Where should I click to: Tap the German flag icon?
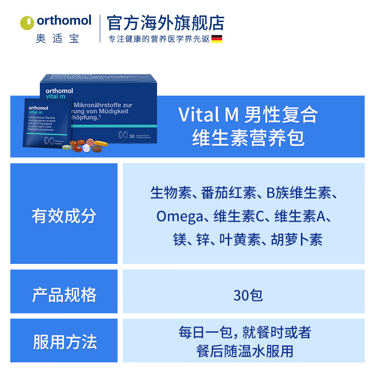[x=217, y=39]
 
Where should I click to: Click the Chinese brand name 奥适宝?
[x=58, y=39]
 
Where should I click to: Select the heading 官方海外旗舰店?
[x=165, y=22]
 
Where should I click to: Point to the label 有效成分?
[x=64, y=216]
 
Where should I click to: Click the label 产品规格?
[x=64, y=295]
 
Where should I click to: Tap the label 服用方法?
[x=64, y=342]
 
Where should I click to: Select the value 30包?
[x=248, y=295]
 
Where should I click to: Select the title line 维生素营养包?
[x=248, y=139]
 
